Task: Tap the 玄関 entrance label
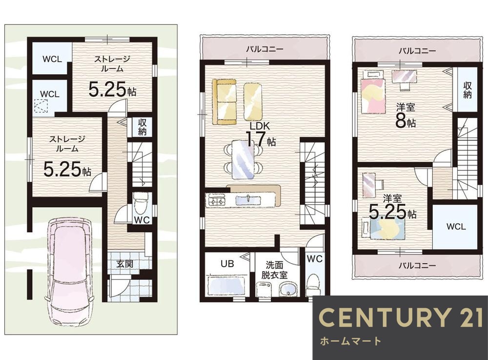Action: [x=125, y=264]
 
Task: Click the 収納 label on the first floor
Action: [x=142, y=127]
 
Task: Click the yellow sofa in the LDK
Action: [x=224, y=102]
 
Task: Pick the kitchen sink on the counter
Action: [x=248, y=199]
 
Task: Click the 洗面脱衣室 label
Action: [x=274, y=270]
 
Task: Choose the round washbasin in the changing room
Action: [x=289, y=289]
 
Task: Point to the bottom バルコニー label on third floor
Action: [x=417, y=265]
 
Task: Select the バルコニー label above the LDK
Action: [x=264, y=49]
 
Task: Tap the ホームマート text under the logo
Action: [x=350, y=341]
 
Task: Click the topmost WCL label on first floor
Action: [x=52, y=59]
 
